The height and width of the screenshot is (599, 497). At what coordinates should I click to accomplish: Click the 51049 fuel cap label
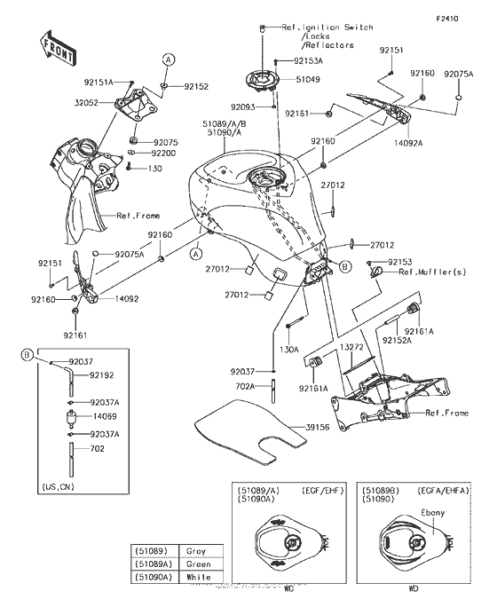click(308, 80)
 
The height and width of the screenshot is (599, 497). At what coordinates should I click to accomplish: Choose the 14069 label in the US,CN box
click(104, 414)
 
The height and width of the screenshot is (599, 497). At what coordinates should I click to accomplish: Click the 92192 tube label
click(103, 376)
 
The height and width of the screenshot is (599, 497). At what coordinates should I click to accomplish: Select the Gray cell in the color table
click(195, 550)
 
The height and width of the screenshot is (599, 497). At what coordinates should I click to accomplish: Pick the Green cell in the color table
click(197, 564)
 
